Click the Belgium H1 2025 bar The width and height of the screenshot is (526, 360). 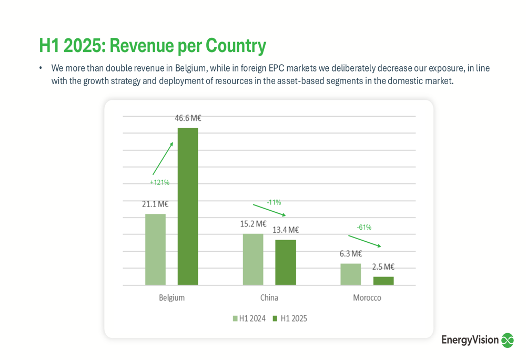click(188, 206)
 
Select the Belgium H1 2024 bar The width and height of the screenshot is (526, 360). click(155, 249)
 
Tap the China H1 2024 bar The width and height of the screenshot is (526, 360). click(253, 259)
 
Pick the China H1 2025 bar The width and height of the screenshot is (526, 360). click(286, 262)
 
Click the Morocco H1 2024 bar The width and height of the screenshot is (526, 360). click(351, 274)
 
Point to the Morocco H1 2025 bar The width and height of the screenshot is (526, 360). click(383, 281)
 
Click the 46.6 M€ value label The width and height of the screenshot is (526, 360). click(188, 118)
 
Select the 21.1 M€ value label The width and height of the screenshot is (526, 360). click(155, 204)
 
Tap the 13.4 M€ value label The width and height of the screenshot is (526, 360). click(286, 230)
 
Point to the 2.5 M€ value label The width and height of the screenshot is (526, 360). click(383, 266)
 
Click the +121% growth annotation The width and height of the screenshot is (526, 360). click(159, 182)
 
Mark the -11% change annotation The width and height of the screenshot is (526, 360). click(274, 202)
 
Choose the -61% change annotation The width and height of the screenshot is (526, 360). click(364, 227)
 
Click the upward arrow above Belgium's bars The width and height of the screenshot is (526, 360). click(163, 158)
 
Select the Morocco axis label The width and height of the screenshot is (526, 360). click(367, 297)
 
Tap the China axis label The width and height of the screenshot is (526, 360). click(269, 297)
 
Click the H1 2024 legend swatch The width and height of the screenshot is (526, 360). click(235, 318)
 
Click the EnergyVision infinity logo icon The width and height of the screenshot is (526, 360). click(507, 340)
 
